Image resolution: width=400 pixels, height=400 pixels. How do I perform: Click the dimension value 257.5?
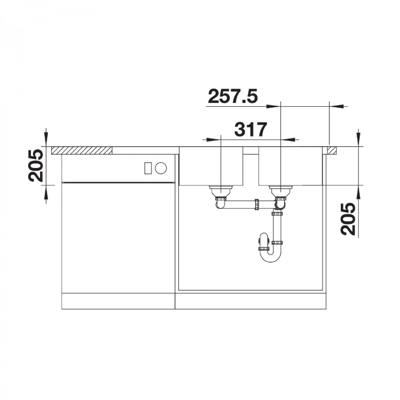(x=233, y=97)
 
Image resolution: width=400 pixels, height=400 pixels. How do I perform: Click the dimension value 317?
(x=251, y=130)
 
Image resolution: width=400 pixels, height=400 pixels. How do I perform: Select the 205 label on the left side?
(x=36, y=165)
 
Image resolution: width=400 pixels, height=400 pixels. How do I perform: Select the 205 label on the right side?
(x=348, y=219)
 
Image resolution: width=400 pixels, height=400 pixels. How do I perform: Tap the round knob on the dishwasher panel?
(x=161, y=168)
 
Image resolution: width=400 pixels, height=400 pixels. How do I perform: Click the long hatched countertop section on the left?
(x=82, y=150)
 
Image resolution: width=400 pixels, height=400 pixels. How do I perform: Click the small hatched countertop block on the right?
(x=332, y=150)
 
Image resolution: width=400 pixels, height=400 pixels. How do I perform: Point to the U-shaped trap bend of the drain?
(x=270, y=256)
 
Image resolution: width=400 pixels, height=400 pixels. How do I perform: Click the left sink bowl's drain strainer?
(x=221, y=190)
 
